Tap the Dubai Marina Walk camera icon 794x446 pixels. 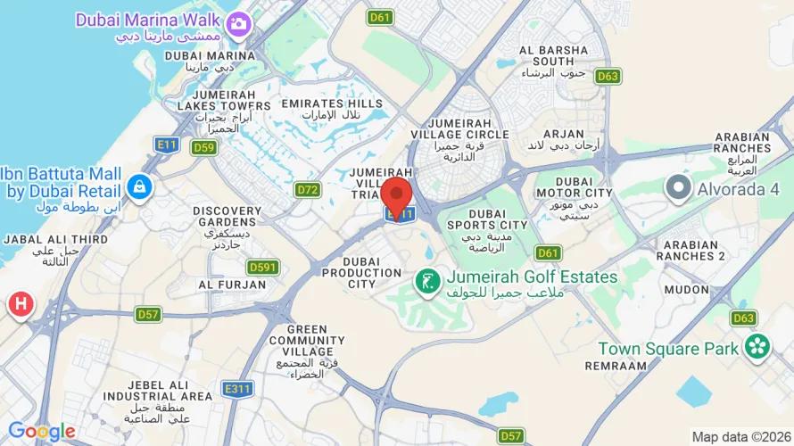pos(237,24)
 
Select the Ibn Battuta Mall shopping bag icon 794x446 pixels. pos(140,186)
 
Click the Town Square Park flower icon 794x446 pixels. pos(757,347)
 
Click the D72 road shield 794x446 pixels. pos(308,189)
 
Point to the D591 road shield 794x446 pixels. pos(263,267)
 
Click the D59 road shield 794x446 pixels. pos(203,147)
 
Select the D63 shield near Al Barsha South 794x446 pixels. pos(608,77)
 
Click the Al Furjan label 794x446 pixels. pos(232,285)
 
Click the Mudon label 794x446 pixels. pos(686,290)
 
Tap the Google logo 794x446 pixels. pos(41,432)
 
